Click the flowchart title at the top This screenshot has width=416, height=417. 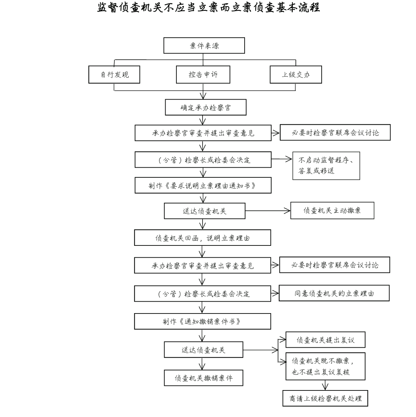pyautogui.click(x=208, y=8)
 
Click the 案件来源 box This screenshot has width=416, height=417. pyautogui.click(x=204, y=45)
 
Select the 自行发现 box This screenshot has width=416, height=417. pyautogui.click(x=114, y=75)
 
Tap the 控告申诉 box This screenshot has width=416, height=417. pyautogui.click(x=203, y=75)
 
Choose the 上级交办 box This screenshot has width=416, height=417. pyautogui.click(x=295, y=75)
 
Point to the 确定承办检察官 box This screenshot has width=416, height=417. pyautogui.click(x=205, y=107)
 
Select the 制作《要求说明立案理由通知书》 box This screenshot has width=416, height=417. pyautogui.click(x=203, y=185)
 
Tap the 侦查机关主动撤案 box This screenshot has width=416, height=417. pyautogui.click(x=332, y=211)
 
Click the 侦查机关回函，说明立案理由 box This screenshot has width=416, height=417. pyautogui.click(x=203, y=238)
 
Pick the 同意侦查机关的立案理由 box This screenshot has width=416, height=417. pyautogui.click(x=334, y=293)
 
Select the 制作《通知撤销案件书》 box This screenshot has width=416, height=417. pyautogui.click(x=203, y=321)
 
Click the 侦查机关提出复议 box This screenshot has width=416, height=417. pyautogui.click(x=325, y=340)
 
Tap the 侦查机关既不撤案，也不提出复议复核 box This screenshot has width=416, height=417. pyautogui.click(x=325, y=366)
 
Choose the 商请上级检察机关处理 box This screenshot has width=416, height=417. pyautogui.click(x=325, y=398)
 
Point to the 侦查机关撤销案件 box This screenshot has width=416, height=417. pyautogui.click(x=204, y=378)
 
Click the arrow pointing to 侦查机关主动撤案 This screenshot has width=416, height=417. pyautogui.click(x=268, y=211)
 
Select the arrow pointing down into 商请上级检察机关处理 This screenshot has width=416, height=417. pyautogui.click(x=325, y=385)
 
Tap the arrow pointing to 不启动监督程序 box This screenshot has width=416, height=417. pyautogui.click(x=282, y=158)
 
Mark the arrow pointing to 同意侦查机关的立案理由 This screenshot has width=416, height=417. pyautogui.click(x=275, y=293)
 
